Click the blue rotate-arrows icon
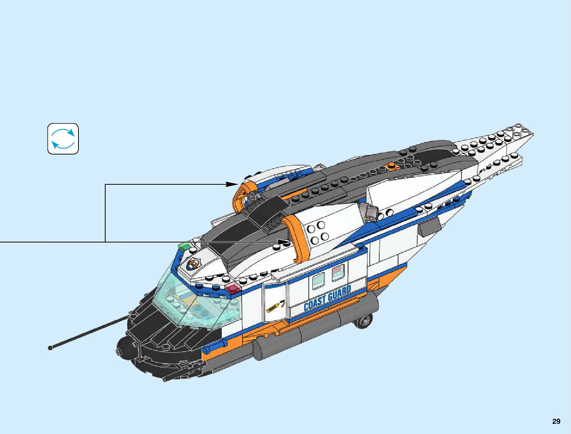63,138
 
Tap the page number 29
556,422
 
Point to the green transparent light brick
185,246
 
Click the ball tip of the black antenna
50,348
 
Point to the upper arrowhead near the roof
232,184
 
